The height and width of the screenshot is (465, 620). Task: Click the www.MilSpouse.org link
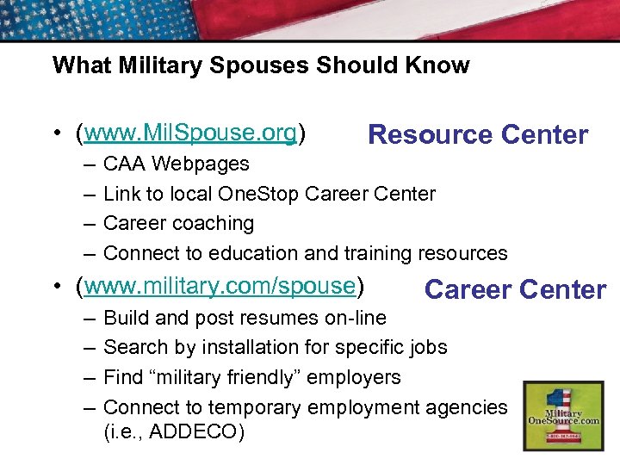click(190, 133)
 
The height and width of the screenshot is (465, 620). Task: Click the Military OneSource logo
click(562, 415)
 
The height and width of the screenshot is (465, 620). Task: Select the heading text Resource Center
click(478, 135)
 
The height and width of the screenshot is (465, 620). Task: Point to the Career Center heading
click(515, 289)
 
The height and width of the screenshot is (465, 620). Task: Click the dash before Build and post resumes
click(89, 318)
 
